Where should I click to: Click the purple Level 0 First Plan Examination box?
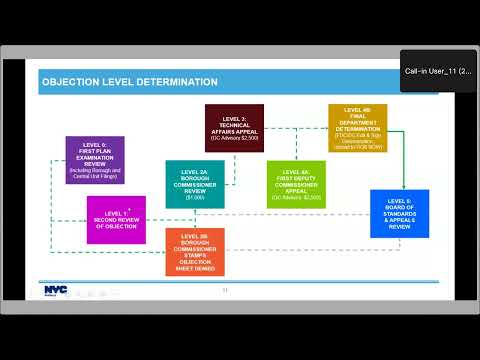(x=95, y=160)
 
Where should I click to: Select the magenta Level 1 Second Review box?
(x=116, y=219)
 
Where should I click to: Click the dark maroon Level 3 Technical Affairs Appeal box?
(x=234, y=128)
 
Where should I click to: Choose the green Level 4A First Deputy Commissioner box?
(x=296, y=184)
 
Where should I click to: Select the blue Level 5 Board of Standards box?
(x=399, y=213)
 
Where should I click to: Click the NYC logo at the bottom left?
(x=55, y=290)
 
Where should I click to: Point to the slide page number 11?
(x=226, y=291)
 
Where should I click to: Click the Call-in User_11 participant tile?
(x=438, y=71)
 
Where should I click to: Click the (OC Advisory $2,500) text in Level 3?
(x=234, y=137)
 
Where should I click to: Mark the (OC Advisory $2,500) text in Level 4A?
(x=296, y=198)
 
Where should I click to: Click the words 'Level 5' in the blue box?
(x=399, y=202)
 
